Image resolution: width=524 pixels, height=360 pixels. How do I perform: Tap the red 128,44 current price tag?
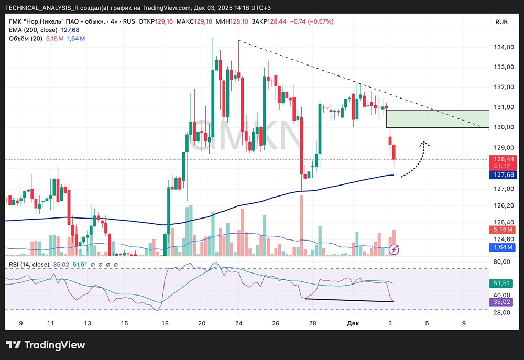click(501, 159)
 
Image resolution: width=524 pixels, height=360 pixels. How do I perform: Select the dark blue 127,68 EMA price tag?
click(501, 175)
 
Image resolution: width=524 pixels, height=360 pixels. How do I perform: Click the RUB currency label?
click(501, 22)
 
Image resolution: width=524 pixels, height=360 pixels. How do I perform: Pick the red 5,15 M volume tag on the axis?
click(501, 230)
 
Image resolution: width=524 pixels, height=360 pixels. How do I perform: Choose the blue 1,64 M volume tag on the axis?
click(501, 247)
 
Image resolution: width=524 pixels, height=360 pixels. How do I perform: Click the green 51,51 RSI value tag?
click(501, 283)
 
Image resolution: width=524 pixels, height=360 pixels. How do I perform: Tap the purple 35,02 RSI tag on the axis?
click(501, 302)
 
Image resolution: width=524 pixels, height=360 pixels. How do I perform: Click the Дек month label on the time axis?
click(353, 324)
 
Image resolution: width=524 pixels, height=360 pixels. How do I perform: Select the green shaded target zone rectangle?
click(437, 118)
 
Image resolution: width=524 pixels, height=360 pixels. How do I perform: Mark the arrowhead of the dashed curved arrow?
click(425, 142)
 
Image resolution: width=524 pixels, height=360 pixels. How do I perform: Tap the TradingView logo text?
click(46, 345)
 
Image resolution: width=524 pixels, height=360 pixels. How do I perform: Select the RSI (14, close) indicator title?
click(29, 264)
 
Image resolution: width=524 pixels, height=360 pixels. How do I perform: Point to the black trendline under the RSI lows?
click(348, 300)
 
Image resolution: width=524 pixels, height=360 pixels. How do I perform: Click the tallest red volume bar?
click(301, 225)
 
